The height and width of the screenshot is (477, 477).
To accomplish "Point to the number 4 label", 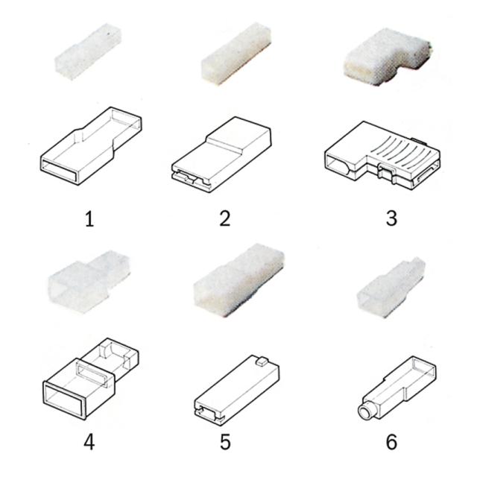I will (89, 441).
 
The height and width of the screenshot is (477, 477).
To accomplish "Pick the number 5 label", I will (225, 441).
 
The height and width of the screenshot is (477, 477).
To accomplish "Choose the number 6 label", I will (391, 441).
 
